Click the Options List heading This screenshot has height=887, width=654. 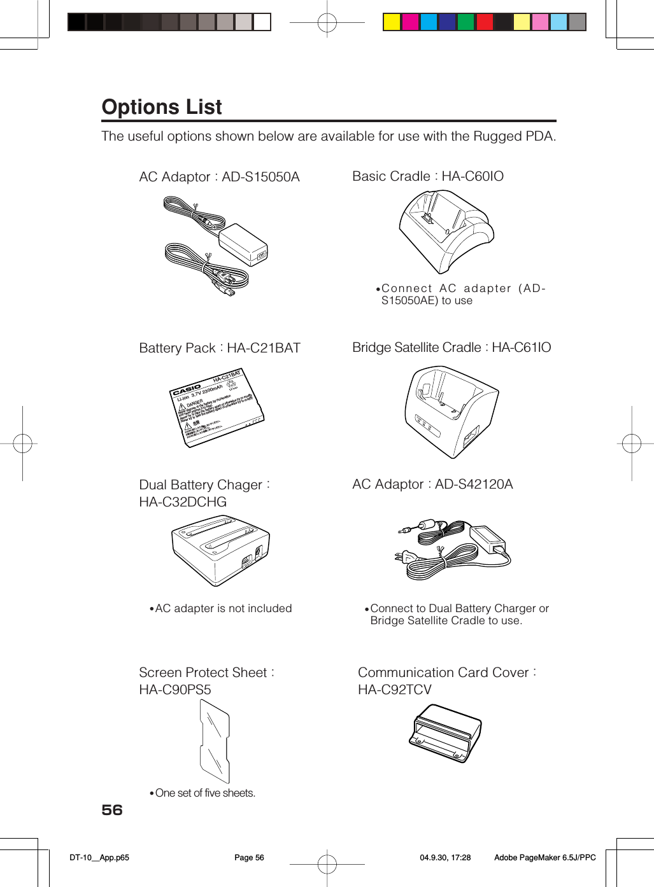162,107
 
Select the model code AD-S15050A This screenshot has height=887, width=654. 260,177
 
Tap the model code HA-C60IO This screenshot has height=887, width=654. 473,176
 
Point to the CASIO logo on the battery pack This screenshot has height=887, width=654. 187,389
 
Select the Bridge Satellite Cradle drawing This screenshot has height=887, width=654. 451,411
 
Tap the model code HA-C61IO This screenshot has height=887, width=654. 521,347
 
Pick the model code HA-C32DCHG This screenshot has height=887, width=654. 183,502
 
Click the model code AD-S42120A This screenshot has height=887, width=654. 474,484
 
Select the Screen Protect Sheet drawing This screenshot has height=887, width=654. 215,741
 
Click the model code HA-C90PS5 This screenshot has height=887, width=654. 175,690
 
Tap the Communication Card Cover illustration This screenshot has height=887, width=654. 445,733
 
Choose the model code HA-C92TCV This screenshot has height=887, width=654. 395,690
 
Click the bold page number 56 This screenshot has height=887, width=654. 112,810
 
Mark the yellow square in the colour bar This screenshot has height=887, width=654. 392,22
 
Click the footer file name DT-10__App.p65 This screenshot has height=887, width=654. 99,858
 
